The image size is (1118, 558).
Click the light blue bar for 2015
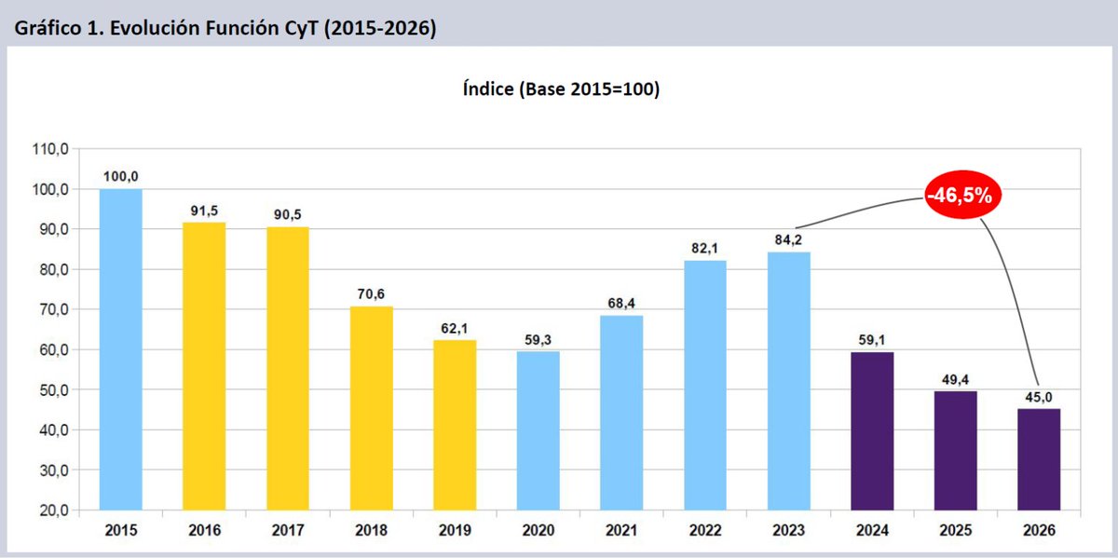(x=121, y=349)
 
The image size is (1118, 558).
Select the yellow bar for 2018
(x=372, y=408)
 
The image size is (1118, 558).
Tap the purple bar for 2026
(x=1039, y=459)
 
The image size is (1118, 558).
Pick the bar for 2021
(x=621, y=413)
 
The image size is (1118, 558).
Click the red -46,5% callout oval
(x=962, y=195)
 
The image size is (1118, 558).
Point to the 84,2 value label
(x=788, y=240)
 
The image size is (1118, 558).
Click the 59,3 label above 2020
(x=539, y=340)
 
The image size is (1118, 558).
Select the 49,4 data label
(x=955, y=380)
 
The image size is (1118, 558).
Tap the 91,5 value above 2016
(x=204, y=211)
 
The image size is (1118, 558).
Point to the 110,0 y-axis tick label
(x=50, y=149)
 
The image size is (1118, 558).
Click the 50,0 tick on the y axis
(x=54, y=389)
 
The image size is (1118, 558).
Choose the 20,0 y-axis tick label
(x=54, y=510)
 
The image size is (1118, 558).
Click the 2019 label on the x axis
(x=455, y=530)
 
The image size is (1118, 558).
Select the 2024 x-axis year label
(x=872, y=530)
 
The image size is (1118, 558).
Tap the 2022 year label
(x=705, y=530)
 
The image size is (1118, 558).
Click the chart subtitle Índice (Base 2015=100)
(x=562, y=89)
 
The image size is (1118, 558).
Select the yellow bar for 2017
(x=288, y=368)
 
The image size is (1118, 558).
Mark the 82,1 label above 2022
(x=705, y=248)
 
